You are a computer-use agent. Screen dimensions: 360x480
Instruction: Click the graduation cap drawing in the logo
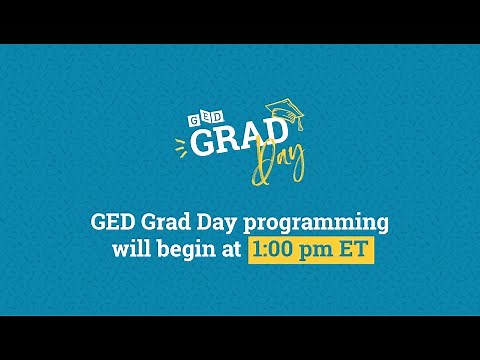(x=281, y=110)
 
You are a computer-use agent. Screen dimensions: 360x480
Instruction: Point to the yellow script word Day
(x=279, y=162)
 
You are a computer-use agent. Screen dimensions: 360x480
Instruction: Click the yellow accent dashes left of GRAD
(x=181, y=147)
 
